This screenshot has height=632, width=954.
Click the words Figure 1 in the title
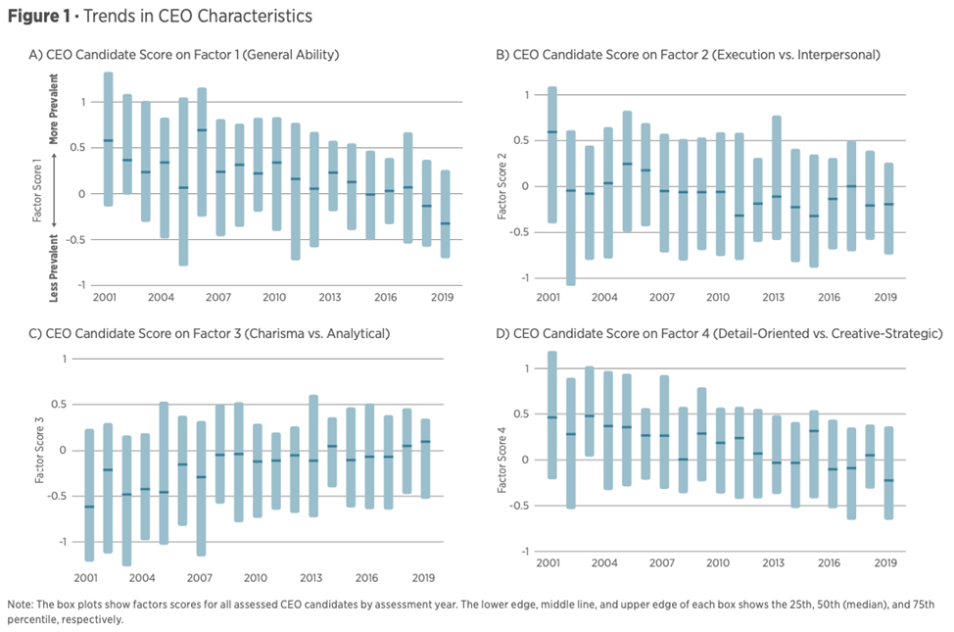coord(36,17)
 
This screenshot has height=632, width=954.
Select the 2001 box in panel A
coord(108,139)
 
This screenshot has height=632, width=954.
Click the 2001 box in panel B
coord(551,155)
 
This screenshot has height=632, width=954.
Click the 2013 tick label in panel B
coord(773,296)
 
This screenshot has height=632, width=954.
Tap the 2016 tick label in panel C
coord(368,578)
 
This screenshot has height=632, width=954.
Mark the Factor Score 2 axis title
coord(502,186)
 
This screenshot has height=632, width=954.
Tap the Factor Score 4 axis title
coord(502,461)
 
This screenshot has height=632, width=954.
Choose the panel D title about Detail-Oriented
coord(719,333)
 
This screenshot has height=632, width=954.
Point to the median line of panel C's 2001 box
coord(89,507)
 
